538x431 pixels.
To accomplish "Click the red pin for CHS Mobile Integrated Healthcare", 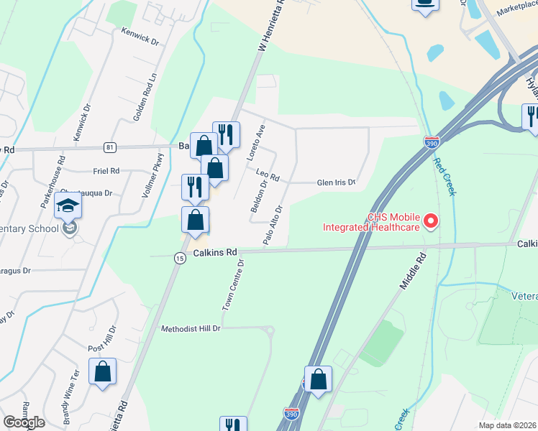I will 432,221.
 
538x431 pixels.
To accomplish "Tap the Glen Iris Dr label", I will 337,182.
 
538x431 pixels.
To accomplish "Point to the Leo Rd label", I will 267,174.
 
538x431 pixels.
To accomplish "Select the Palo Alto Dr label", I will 273,226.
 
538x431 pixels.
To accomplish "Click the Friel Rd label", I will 106,171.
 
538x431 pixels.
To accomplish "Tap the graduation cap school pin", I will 69,206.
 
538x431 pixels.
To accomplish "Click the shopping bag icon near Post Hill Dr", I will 103,371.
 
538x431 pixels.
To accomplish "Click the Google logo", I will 24,422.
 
